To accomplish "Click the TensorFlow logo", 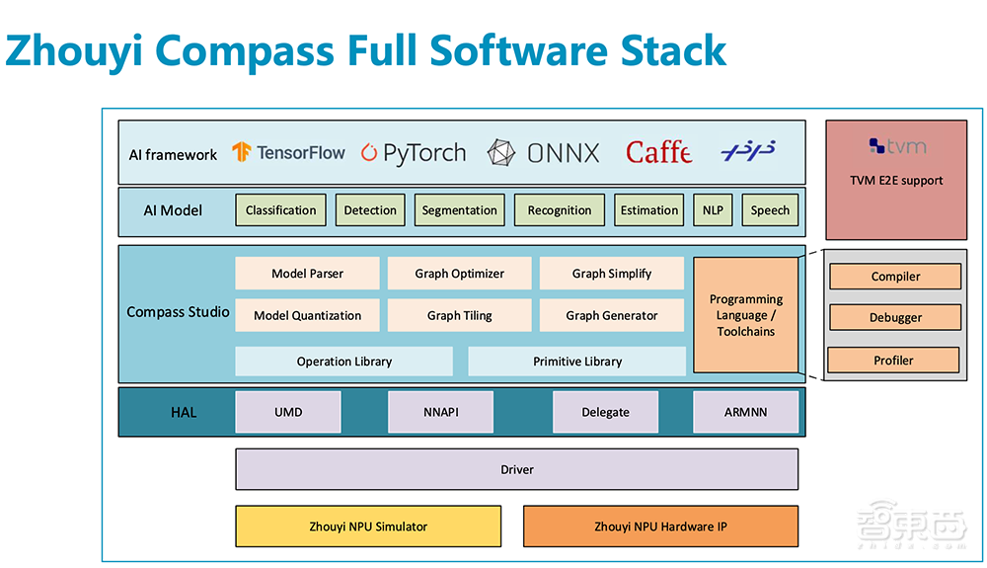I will pyautogui.click(x=288, y=152).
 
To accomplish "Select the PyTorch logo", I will pyautogui.click(x=413, y=153).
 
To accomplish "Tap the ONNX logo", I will pyautogui.click(x=543, y=153).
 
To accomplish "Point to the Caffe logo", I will pyautogui.click(x=658, y=152).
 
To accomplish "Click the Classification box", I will pyautogui.click(x=281, y=209).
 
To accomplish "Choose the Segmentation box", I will pyautogui.click(x=459, y=209).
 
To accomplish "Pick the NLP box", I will pyautogui.click(x=713, y=209).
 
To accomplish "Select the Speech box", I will pyautogui.click(x=770, y=209).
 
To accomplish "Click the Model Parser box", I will pyautogui.click(x=307, y=274).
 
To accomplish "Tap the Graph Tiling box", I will pyautogui.click(x=459, y=316).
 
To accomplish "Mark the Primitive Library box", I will pyautogui.click(x=577, y=362).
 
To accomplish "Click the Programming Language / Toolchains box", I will pyautogui.click(x=746, y=315).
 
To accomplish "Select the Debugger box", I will pyautogui.click(x=895, y=318).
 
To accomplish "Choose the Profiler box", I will pyautogui.click(x=893, y=361).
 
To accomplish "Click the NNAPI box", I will pyautogui.click(x=440, y=412).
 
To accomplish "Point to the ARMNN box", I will pyautogui.click(x=745, y=412).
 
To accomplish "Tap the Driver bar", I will pyautogui.click(x=516, y=469).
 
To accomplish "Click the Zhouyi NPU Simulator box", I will pyautogui.click(x=368, y=527).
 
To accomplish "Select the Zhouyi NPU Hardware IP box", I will pyautogui.click(x=660, y=527).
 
